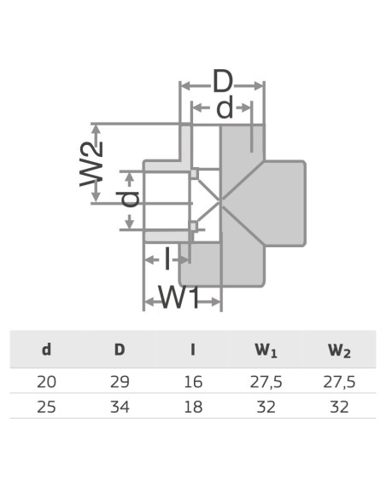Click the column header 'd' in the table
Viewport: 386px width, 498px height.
(x=46, y=350)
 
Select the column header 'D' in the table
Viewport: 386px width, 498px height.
(x=120, y=350)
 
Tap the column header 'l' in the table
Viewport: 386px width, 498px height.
(x=193, y=350)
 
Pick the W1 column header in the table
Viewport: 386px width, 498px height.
(x=266, y=350)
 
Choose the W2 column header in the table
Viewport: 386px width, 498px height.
(x=339, y=350)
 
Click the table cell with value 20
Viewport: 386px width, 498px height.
(x=46, y=381)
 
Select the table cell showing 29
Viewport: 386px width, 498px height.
(x=120, y=381)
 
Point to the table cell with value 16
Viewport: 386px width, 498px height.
(x=193, y=381)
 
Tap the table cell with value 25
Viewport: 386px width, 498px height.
(x=46, y=407)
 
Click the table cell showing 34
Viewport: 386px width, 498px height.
(x=120, y=407)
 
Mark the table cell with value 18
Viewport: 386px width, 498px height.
(x=193, y=407)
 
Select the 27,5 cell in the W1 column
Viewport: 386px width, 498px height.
(x=266, y=381)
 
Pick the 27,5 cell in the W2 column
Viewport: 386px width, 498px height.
(x=339, y=381)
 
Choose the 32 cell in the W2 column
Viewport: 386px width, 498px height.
(x=339, y=407)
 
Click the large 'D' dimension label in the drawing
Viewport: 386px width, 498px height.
(x=223, y=83)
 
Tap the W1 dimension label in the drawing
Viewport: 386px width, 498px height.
(x=180, y=298)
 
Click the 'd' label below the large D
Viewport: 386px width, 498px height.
(x=224, y=108)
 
